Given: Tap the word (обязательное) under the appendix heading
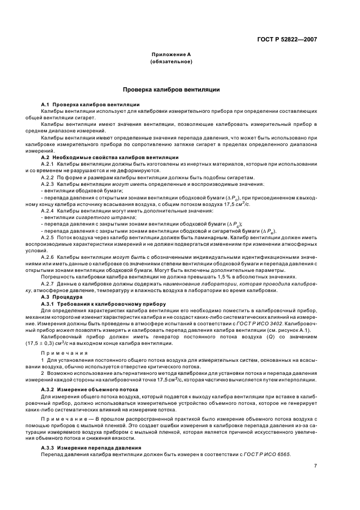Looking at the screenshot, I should pos(171,62).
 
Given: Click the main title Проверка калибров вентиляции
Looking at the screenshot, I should pos(171,88).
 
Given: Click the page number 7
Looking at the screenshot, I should pos(315,466).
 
